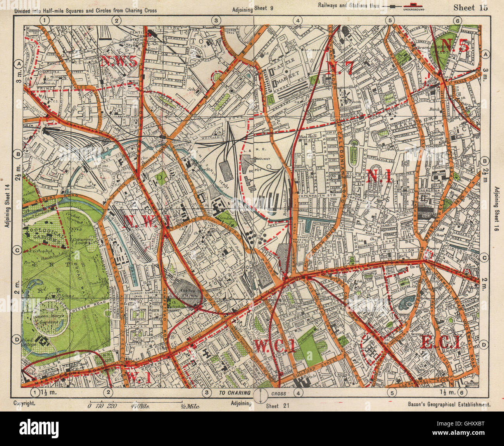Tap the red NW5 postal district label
(119, 61)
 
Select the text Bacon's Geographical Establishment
(449, 404)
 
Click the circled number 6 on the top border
(458, 21)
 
